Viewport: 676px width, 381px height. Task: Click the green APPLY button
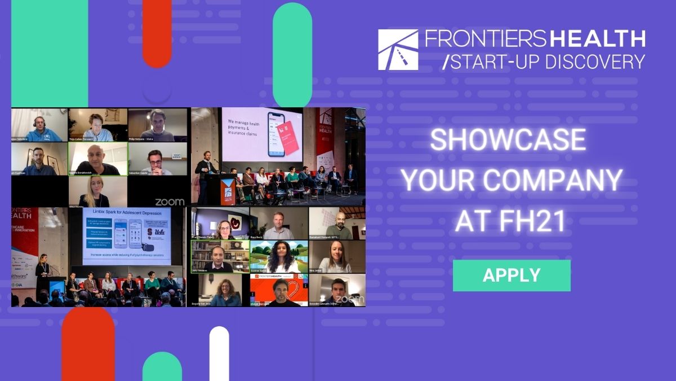pos(512,275)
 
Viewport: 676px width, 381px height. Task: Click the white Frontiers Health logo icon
pos(398,50)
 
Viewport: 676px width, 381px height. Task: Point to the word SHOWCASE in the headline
pos(508,140)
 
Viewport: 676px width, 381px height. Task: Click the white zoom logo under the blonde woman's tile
pos(169,202)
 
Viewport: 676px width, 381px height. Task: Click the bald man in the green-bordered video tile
pos(97,159)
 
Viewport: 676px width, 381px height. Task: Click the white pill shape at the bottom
pos(219,353)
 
